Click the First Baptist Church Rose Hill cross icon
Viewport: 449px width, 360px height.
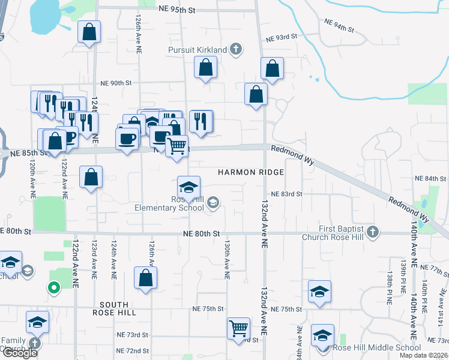point(372,232)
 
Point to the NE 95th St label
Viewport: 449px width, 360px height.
point(178,10)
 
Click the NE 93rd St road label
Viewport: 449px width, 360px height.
point(279,37)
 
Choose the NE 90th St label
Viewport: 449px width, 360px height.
point(116,83)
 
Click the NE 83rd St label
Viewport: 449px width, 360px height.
point(286,194)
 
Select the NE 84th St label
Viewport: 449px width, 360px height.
point(430,179)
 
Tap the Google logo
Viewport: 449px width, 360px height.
point(20,353)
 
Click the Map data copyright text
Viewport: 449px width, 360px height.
point(424,355)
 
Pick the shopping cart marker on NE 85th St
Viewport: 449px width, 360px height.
point(176,146)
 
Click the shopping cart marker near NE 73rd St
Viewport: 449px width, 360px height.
point(239,328)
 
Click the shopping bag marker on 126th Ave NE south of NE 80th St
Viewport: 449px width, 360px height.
point(145,278)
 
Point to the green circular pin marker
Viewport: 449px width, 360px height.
point(53,289)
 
